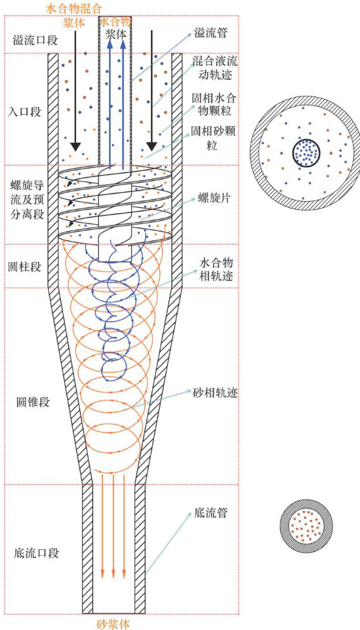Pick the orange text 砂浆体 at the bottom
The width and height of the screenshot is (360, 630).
pos(111,622)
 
